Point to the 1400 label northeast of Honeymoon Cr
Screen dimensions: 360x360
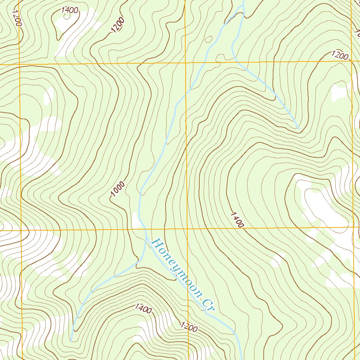tap(237, 220)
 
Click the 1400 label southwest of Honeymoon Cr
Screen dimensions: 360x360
tap(143, 309)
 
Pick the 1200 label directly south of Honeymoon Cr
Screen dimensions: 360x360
tap(189, 327)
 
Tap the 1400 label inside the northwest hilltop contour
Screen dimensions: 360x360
tap(70, 10)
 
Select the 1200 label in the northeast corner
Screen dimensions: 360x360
tap(340, 56)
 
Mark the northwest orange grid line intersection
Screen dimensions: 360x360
tap(20, 64)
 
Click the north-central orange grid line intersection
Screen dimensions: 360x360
tap(186, 63)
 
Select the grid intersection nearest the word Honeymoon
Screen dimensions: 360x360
tap(187, 229)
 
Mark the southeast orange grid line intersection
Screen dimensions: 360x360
tap(353, 227)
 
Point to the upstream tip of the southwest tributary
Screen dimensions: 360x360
tap(71, 341)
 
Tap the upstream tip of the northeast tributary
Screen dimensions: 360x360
tap(298, 128)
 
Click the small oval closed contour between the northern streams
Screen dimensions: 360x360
tap(220, 57)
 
